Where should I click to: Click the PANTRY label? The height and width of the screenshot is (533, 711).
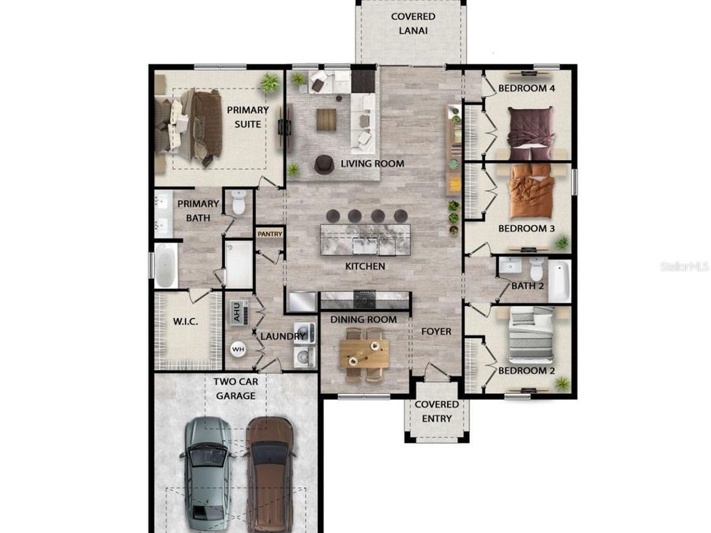[270, 234]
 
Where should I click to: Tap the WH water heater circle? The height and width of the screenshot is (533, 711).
[238, 350]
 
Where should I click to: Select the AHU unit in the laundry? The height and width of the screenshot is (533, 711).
[238, 312]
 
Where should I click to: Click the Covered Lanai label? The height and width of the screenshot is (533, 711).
[413, 24]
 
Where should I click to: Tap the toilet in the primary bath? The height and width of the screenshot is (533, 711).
[239, 202]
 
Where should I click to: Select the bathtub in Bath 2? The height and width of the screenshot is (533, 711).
[559, 281]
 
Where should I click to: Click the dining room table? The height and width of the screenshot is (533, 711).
[364, 354]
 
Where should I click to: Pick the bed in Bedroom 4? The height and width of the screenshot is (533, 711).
[531, 133]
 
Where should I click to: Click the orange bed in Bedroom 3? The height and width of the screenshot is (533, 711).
[532, 191]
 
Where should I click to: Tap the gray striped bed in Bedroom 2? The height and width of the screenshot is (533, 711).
[532, 335]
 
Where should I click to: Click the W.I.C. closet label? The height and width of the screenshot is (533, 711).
[186, 322]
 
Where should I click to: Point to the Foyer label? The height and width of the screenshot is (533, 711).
[436, 332]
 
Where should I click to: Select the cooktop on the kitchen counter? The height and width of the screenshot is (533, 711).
[364, 298]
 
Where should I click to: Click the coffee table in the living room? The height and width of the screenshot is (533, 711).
[326, 120]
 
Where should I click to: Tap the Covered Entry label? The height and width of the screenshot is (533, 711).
[437, 411]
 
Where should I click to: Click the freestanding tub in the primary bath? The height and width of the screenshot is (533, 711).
[166, 265]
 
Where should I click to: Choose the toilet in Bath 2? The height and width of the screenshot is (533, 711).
[536, 269]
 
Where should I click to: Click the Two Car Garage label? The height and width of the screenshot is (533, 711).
[235, 388]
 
